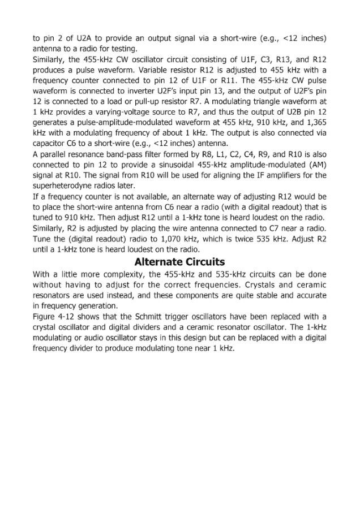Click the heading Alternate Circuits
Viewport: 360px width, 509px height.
click(179, 262)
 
